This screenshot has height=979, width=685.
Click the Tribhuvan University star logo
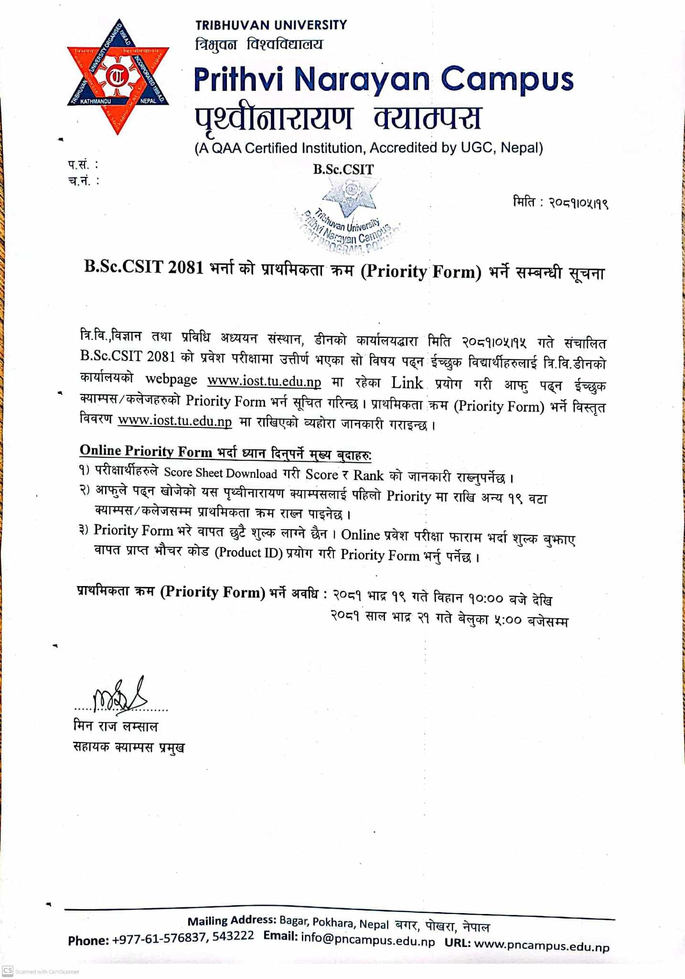[118, 76]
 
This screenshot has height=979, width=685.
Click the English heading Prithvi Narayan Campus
[383, 79]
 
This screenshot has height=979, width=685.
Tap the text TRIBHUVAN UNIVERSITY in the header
[271, 25]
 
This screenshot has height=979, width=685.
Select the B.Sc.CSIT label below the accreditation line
[343, 169]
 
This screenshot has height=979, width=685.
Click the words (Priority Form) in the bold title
[421, 272]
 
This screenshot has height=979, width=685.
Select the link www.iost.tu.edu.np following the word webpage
[264, 381]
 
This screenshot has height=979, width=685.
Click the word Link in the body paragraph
[407, 383]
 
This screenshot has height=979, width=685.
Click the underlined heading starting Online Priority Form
[225, 452]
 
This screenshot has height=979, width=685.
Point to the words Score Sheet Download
[220, 473]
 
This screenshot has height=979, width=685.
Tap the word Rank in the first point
[368, 475]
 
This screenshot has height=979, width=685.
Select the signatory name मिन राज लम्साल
[115, 726]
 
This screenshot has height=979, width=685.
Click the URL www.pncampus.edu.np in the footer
[542, 945]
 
